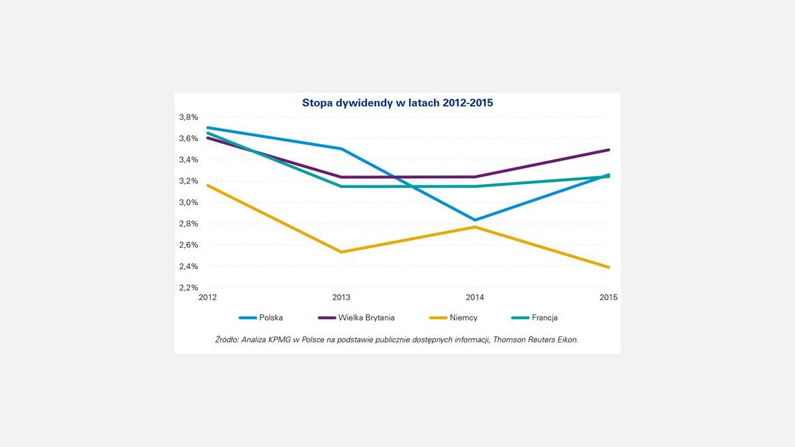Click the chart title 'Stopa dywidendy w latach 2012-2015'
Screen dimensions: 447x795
pos(397,103)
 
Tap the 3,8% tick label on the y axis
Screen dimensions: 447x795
pos(188,117)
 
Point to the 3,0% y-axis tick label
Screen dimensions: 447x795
pos(188,203)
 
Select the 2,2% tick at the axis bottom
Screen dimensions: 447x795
pos(188,288)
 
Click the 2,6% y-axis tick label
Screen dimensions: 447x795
pos(188,245)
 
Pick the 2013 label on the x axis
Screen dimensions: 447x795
pos(341,297)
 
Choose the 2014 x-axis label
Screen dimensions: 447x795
pos(475,297)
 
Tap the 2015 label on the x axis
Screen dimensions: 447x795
pos(608,297)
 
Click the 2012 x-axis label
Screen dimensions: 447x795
pos(208,297)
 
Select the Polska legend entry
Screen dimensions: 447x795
pos(270,318)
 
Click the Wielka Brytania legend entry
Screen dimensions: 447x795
pos(366,318)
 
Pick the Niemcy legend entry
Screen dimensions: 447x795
pos(463,318)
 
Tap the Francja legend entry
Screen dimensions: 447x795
pos(544,318)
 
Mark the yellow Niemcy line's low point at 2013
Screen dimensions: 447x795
pos(341,252)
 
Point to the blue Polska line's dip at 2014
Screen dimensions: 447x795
pos(475,220)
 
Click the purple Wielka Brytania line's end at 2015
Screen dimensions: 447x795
pos(608,150)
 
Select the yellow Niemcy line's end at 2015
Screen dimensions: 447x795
pos(608,267)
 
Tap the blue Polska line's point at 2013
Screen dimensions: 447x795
pos(341,148)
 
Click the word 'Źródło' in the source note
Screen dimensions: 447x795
pos(228,340)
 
